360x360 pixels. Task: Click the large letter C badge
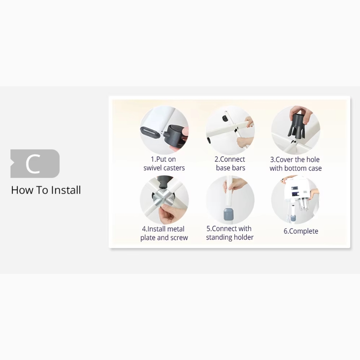pos(35,163)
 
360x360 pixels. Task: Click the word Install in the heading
pos(66,190)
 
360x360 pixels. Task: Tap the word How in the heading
pos(22,190)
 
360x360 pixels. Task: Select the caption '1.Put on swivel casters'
pos(164,163)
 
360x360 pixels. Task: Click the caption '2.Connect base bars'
pos(230,163)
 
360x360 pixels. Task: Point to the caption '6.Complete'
pos(301,231)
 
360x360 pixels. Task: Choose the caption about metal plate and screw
pos(164,233)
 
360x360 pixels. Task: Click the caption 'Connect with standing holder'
pos(230,233)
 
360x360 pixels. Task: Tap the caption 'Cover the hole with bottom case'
pos(296,164)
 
